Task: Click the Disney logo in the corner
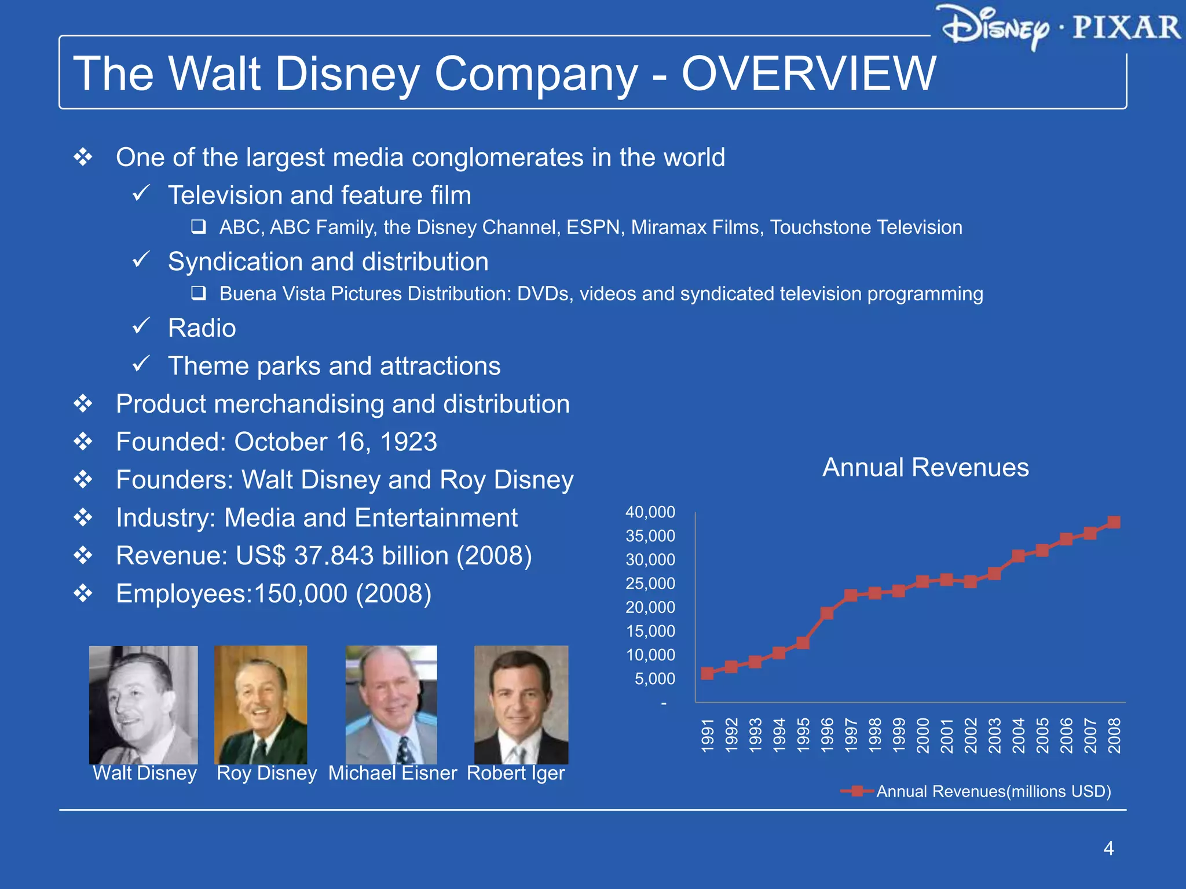[x=995, y=27]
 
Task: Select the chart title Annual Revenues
[x=925, y=468]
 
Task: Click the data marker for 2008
[x=1113, y=522]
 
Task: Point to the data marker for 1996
[x=827, y=613]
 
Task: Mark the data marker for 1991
[x=707, y=673]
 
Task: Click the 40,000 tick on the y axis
[x=650, y=512]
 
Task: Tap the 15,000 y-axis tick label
[x=650, y=631]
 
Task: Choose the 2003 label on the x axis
[x=994, y=736]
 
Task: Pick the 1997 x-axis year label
[x=851, y=736]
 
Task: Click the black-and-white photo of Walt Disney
[x=143, y=704]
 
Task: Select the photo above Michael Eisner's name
[x=391, y=704]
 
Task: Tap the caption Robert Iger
[x=515, y=773]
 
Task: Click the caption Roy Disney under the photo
[x=266, y=773]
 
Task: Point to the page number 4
[x=1108, y=848]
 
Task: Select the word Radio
[x=202, y=328]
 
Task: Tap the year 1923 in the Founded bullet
[x=408, y=442]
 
